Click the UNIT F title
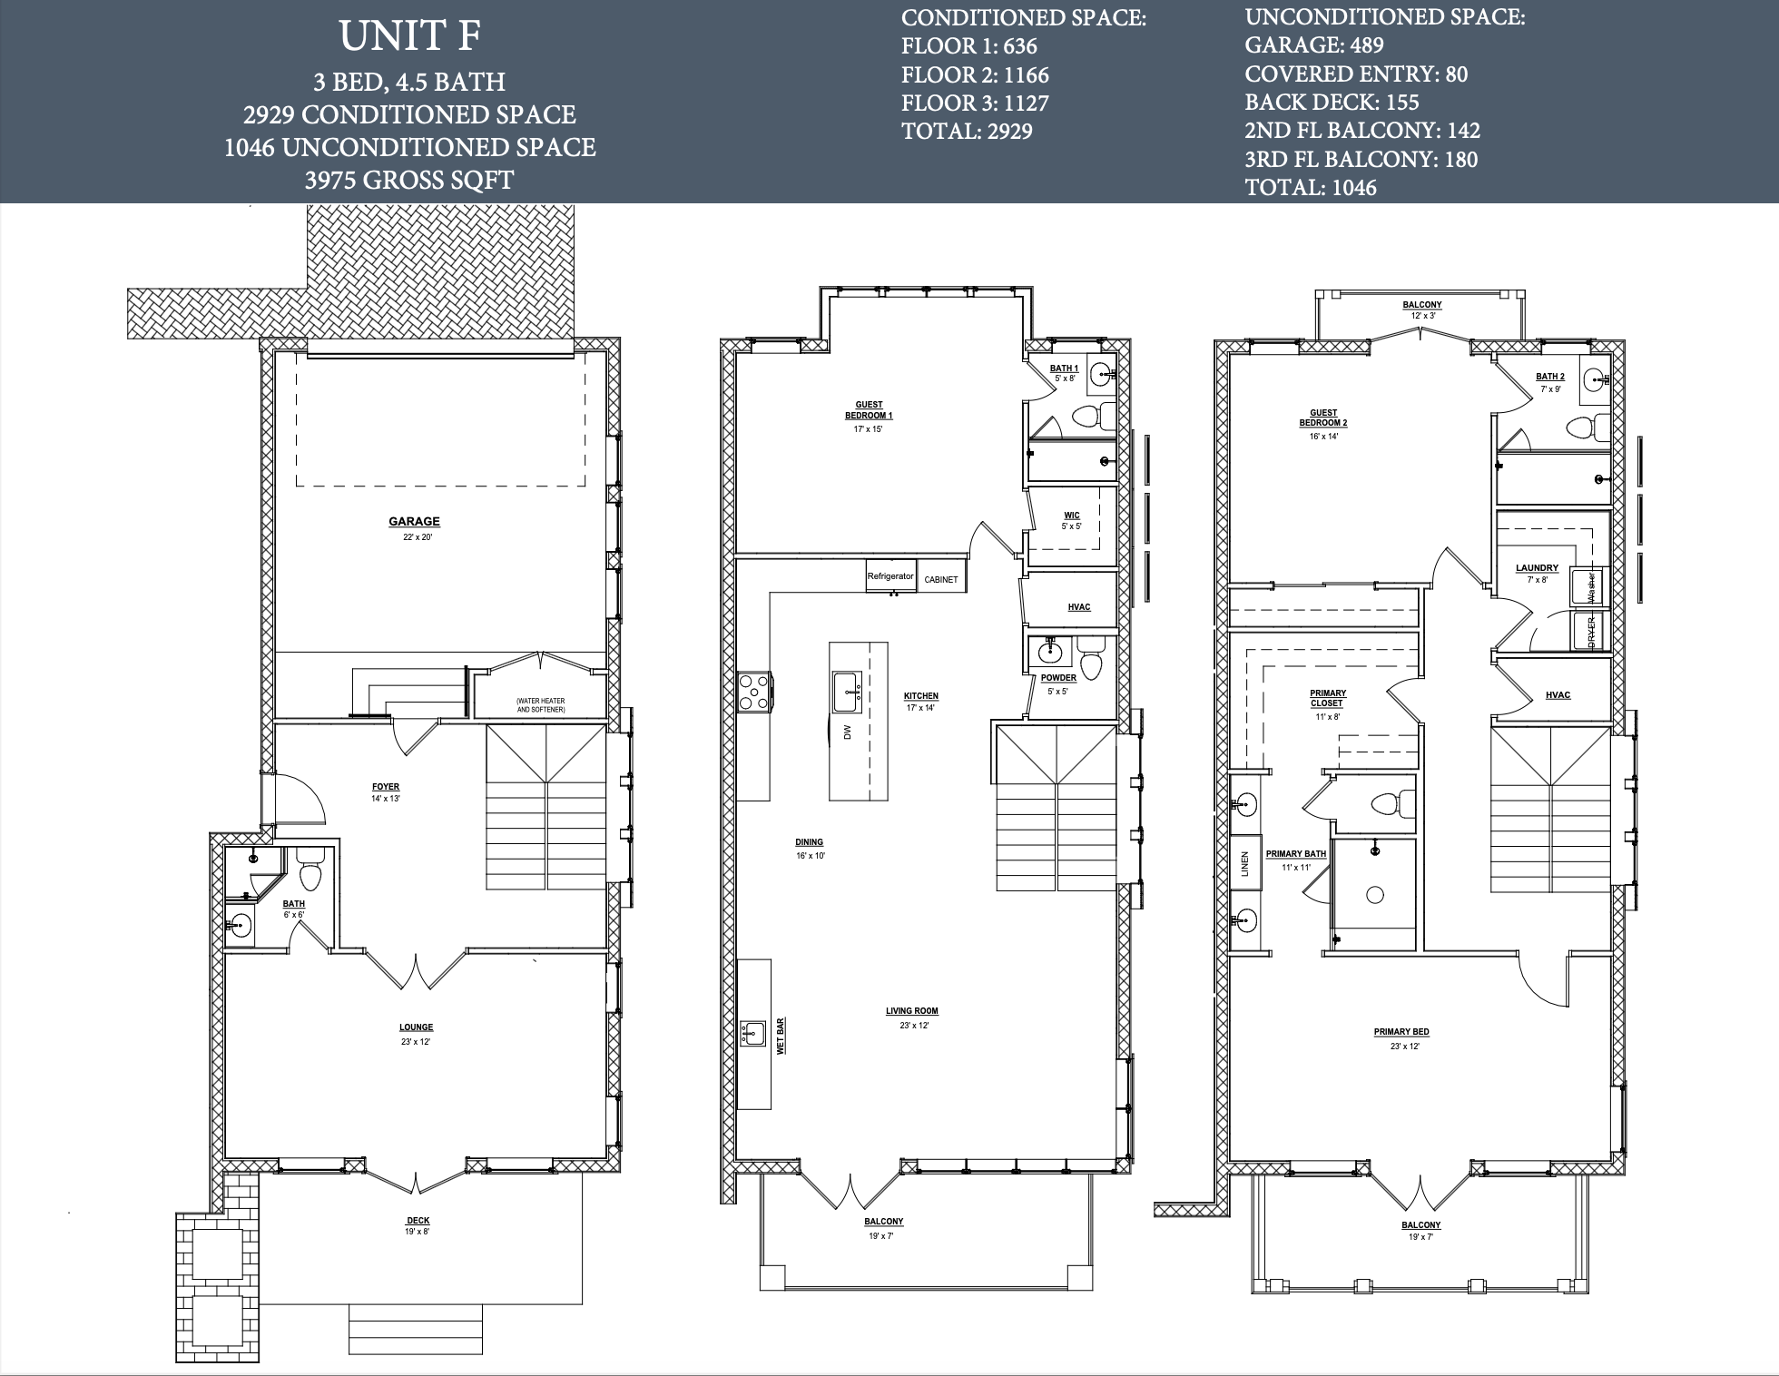(409, 36)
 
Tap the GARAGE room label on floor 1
(414, 522)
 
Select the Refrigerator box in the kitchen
(890, 576)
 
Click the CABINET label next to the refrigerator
(941, 579)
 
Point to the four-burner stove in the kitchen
(754, 692)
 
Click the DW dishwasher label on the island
(848, 732)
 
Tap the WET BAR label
(780, 1036)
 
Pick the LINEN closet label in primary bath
(1245, 863)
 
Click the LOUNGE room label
(417, 1027)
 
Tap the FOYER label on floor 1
(386, 787)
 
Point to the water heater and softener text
(540, 705)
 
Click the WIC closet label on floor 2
(1072, 516)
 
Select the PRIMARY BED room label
(1401, 1032)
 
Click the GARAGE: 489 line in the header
(1314, 45)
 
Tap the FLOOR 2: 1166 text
(975, 74)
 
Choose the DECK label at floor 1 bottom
(418, 1221)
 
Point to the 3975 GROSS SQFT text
(409, 180)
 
